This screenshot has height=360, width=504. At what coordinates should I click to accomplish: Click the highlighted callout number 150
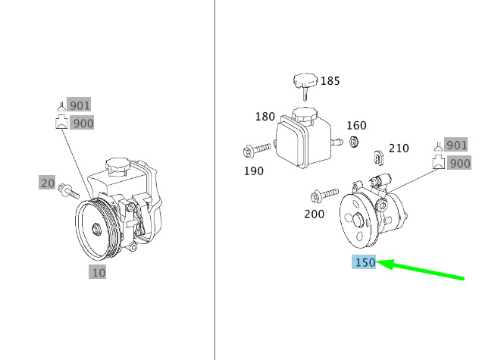coord(364,262)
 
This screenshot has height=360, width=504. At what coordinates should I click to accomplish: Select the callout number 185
coord(330,81)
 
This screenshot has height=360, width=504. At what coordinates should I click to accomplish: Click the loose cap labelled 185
coord(305,84)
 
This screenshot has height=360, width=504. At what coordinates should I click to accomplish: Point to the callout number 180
coord(265,117)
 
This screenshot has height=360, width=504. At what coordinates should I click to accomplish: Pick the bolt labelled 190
coord(257,149)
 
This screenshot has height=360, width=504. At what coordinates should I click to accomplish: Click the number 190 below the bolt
coord(254,171)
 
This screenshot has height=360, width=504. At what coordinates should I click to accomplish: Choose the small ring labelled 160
coord(354,142)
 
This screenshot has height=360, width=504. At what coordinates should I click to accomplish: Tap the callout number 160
coord(356,125)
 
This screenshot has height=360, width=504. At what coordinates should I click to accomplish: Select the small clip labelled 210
coord(379,158)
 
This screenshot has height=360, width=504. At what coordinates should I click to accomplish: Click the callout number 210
coord(399,149)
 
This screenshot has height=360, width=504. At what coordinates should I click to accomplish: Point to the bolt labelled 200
coord(324,195)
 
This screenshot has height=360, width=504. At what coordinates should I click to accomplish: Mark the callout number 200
coord(314,214)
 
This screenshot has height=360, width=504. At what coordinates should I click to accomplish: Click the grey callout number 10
coord(98,273)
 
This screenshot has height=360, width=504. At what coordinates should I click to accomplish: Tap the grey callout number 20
coord(47,183)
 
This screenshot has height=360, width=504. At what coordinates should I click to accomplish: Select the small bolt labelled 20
coord(68,191)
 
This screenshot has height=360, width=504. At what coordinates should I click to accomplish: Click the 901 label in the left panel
coord(79,105)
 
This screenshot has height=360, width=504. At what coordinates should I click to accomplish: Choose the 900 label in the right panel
coord(459,163)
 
